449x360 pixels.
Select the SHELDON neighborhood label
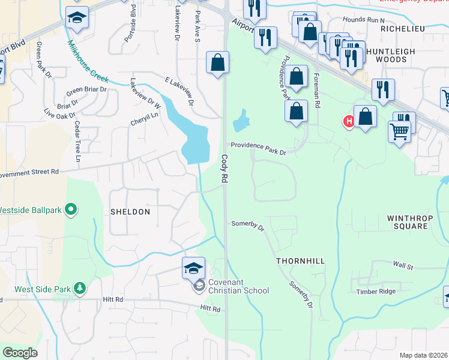tap(130, 212)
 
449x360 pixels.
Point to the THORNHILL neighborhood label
tap(300, 262)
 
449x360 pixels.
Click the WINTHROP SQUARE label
tap(408, 222)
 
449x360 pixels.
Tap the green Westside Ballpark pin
tap(71, 210)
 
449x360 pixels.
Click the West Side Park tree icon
tap(79, 289)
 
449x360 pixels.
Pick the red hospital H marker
tap(348, 122)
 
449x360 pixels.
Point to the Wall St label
tap(403, 265)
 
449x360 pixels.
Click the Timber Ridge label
tap(376, 292)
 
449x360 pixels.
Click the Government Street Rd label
tap(29, 172)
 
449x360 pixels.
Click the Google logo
tap(20, 353)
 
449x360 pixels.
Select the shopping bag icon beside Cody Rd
tap(217, 62)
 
